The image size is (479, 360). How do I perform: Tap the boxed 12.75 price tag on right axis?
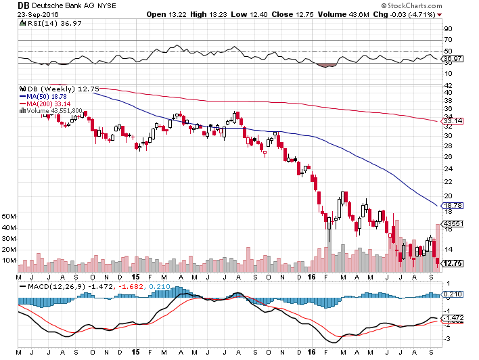click(x=452, y=264)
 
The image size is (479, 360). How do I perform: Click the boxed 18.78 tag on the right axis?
click(x=452, y=204)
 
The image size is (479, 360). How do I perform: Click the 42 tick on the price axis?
click(x=447, y=86)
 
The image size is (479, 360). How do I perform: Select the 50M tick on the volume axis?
click(x=9, y=217)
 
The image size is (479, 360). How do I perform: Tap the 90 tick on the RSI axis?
click(x=447, y=30)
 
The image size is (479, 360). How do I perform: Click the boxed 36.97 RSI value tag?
click(x=452, y=59)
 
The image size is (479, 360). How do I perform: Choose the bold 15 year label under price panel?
click(x=137, y=277)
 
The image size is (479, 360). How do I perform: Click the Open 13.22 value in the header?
click(x=166, y=14)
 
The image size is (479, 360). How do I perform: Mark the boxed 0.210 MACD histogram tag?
click(x=452, y=294)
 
